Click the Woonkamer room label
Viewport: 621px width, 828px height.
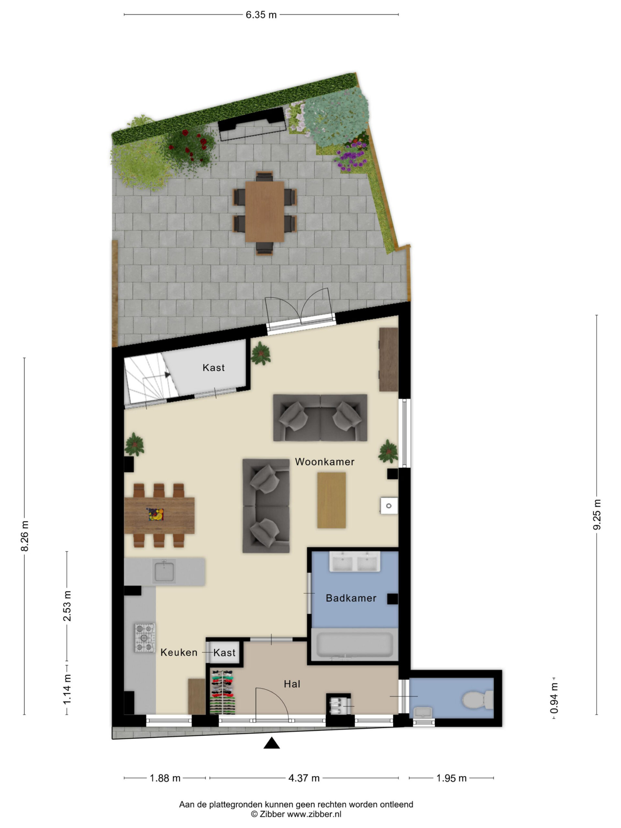pos(324,462)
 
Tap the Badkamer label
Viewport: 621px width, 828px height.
pos(351,598)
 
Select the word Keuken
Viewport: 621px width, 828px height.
pos(179,652)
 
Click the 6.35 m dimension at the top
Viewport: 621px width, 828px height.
pos(261,15)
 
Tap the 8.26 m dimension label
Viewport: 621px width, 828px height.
pos(25,536)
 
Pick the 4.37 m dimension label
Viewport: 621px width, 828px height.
pos(304,778)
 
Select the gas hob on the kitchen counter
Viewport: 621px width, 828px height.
pos(145,638)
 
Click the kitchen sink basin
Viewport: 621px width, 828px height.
pos(164,572)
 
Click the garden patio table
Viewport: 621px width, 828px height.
pos(265,212)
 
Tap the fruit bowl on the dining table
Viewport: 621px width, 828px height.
pos(155,514)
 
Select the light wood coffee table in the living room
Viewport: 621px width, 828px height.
pos(331,500)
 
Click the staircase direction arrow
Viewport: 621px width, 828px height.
pos(167,374)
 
